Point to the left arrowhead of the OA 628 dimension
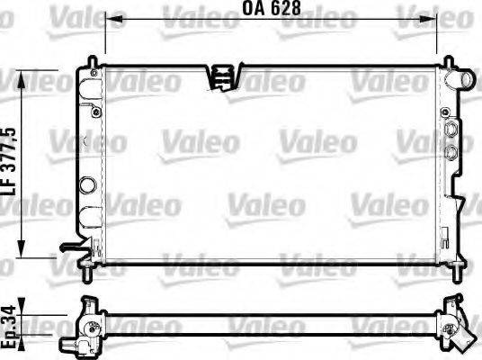110,27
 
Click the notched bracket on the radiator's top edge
221,76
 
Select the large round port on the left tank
86,187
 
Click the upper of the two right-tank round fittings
451,130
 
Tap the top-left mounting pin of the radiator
91,61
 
